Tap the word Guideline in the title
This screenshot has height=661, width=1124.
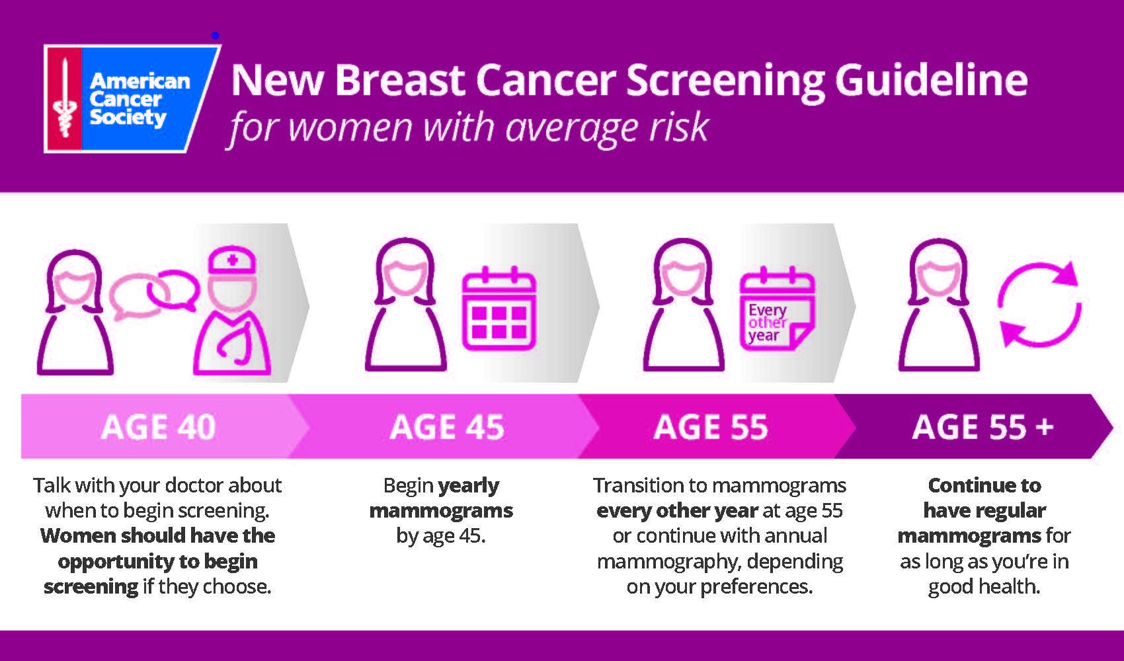931,81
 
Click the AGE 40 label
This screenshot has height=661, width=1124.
158,427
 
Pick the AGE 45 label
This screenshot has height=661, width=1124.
447,427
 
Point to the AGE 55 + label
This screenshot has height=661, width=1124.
983,427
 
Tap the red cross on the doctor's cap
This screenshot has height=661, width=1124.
232,261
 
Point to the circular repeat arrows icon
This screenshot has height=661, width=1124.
1039,305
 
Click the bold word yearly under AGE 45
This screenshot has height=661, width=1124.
469,486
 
